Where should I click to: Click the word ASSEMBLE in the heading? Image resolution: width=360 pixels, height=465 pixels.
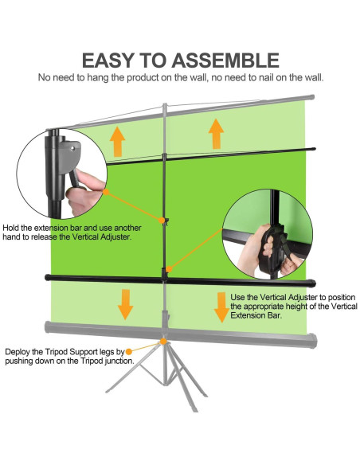(225, 61)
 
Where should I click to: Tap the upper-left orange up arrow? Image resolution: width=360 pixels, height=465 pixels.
(117, 142)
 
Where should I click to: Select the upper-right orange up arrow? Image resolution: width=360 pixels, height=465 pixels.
(216, 134)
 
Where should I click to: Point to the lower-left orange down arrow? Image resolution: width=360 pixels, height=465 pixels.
(126, 305)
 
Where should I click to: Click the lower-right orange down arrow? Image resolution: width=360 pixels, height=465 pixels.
(221, 307)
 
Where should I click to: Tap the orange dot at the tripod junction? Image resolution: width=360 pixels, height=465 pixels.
(163, 342)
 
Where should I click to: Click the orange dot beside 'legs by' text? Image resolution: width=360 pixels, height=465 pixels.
(129, 352)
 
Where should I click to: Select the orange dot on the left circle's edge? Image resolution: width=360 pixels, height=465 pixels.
(106, 192)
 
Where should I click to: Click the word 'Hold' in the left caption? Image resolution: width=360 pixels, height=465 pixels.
(10, 228)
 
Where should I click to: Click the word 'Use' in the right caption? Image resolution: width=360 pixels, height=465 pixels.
(237, 297)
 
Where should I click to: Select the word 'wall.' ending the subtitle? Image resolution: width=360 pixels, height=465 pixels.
(315, 78)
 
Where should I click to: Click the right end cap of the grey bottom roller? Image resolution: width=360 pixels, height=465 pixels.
(314, 341)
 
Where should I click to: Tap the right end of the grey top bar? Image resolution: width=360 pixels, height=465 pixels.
(311, 97)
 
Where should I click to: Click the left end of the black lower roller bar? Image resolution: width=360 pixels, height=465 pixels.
(47, 277)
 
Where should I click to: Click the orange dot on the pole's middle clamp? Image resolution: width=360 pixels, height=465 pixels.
(162, 221)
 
